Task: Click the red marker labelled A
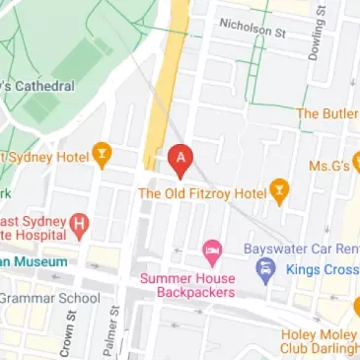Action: [180, 156]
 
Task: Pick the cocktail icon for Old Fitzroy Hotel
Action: [279, 193]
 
